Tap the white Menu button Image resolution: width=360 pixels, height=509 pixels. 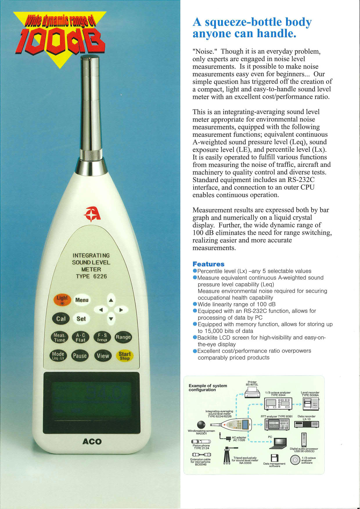pyautogui.click(x=82, y=300)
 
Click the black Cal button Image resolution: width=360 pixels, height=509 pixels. pyautogui.click(x=61, y=319)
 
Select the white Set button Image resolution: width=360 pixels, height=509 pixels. pyautogui.click(x=81, y=319)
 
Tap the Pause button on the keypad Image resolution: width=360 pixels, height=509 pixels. pyautogui.click(x=80, y=356)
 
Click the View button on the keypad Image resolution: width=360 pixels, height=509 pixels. pyautogui.click(x=103, y=356)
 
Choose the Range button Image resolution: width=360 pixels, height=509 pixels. pyautogui.click(x=123, y=337)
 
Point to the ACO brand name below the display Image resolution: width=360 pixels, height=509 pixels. pyautogui.click(x=92, y=441)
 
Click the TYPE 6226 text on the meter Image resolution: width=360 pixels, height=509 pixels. pyautogui.click(x=91, y=276)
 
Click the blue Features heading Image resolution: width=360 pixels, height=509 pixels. pyautogui.click(x=208, y=264)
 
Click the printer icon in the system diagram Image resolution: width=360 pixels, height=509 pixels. pyautogui.click(x=252, y=394)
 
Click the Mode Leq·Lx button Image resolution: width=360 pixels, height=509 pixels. pyautogui.click(x=58, y=356)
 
